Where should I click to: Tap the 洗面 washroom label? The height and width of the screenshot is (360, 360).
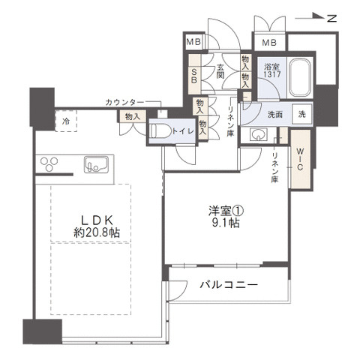(x=274, y=115)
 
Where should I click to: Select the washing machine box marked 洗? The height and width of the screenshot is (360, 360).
(x=302, y=115)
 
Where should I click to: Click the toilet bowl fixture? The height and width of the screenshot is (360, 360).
(x=160, y=130)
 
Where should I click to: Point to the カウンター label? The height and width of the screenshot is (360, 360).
(x=125, y=101)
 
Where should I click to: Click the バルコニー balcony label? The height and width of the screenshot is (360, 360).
(x=229, y=284)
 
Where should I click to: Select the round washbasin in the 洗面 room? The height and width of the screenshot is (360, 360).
(x=259, y=136)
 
